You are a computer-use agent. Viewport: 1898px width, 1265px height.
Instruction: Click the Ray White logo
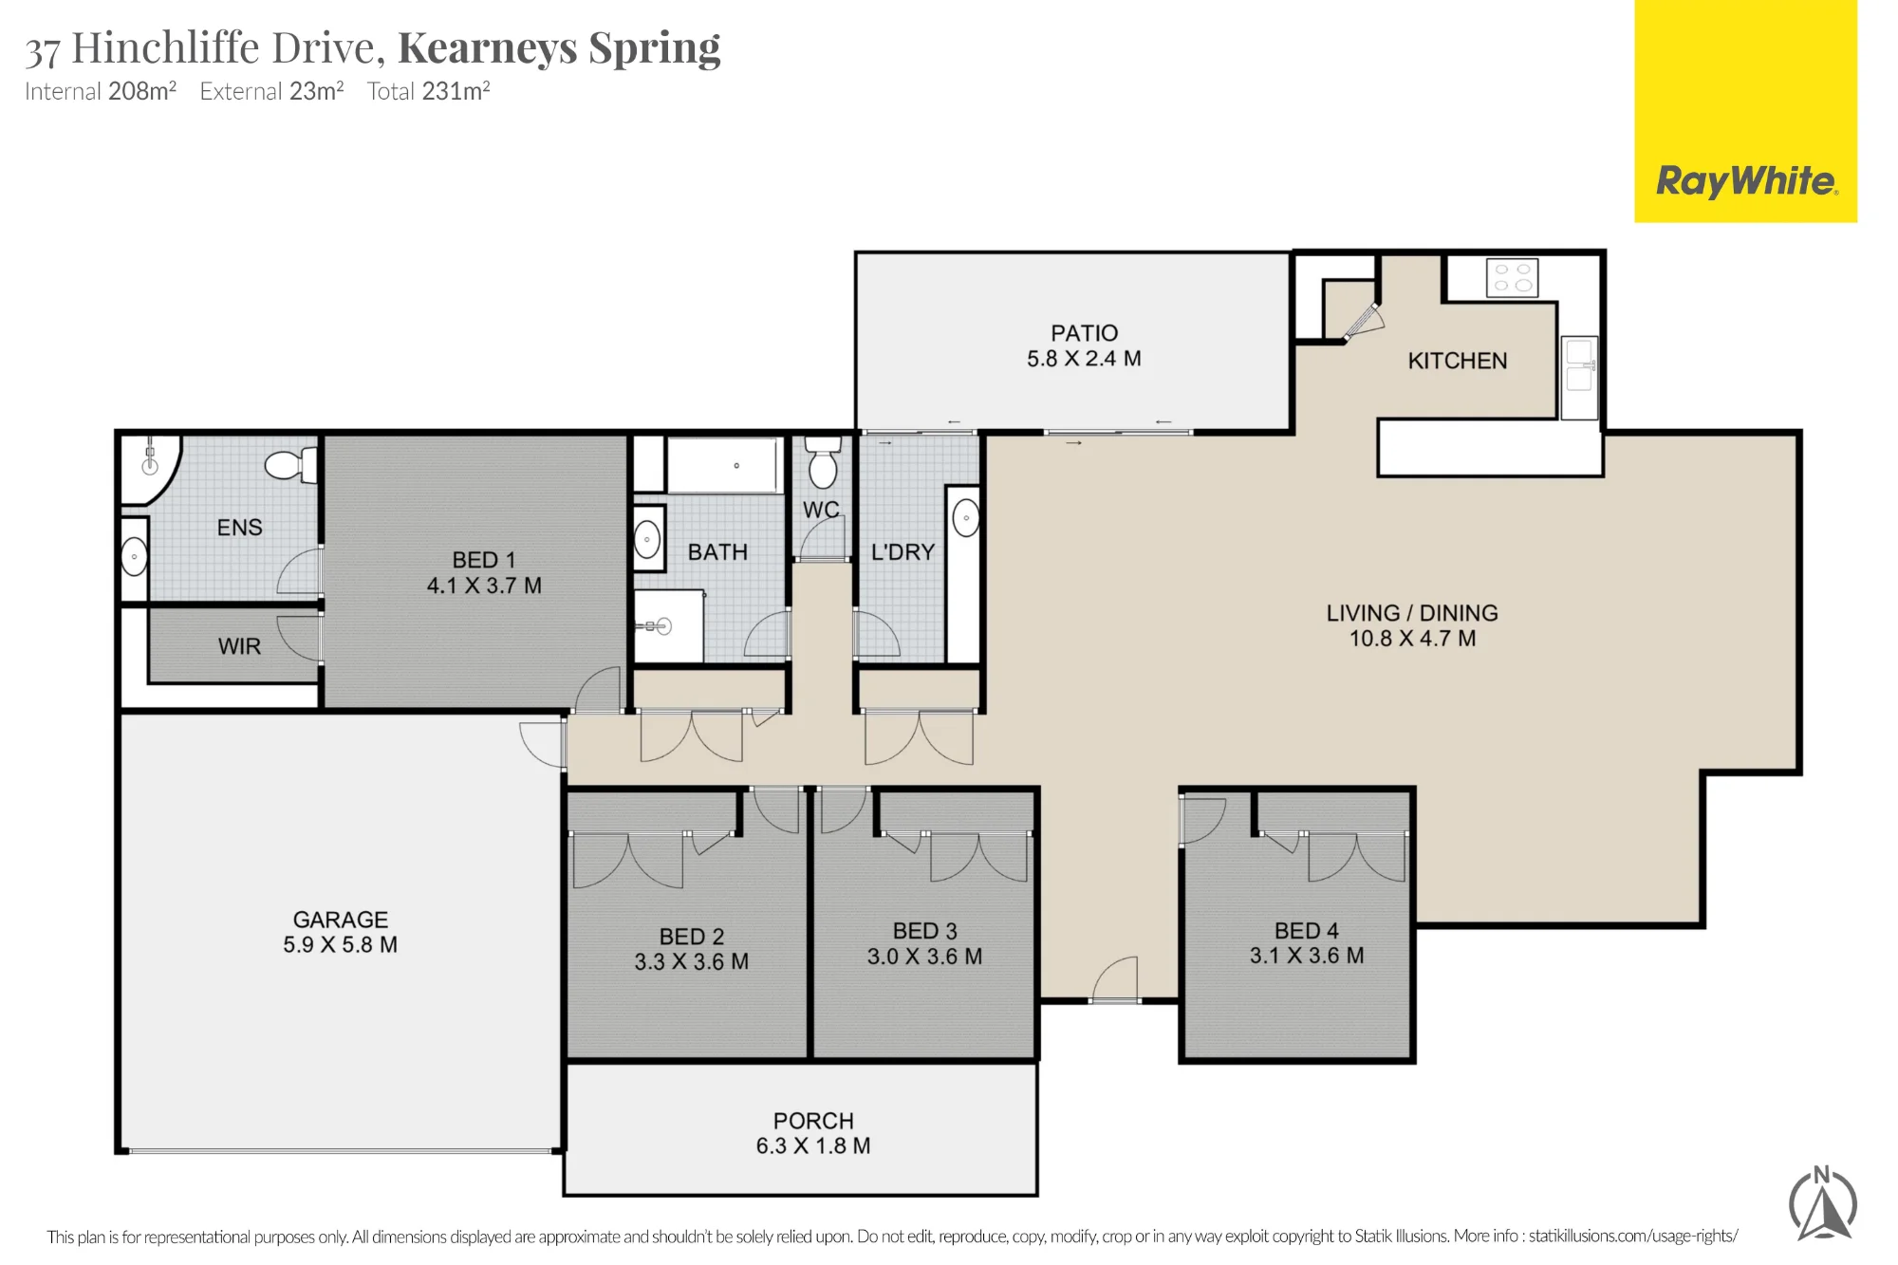(1745, 111)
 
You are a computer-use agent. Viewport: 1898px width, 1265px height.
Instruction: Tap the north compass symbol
(1822, 1204)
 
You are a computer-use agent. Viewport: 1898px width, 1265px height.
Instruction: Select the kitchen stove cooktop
(1512, 277)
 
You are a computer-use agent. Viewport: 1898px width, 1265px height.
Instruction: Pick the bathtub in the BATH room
(726, 465)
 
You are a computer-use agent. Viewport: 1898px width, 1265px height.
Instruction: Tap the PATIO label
(1084, 333)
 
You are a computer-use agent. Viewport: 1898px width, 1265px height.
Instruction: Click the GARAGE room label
(341, 920)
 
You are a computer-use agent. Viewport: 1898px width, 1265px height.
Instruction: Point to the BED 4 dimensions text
(1307, 956)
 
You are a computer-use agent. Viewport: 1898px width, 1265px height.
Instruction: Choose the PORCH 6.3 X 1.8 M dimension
(813, 1145)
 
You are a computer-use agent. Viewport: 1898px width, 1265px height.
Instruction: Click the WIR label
(239, 646)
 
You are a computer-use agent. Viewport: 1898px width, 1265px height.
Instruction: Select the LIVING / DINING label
(1412, 613)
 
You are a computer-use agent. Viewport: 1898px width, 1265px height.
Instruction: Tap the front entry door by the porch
(1114, 979)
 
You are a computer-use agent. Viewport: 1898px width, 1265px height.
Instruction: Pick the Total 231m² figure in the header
(428, 91)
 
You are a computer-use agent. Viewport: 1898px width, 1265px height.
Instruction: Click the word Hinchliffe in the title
(166, 47)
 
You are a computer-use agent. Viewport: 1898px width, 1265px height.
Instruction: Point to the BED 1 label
(484, 560)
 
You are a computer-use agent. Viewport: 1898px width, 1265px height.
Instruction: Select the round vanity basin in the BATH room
(648, 539)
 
